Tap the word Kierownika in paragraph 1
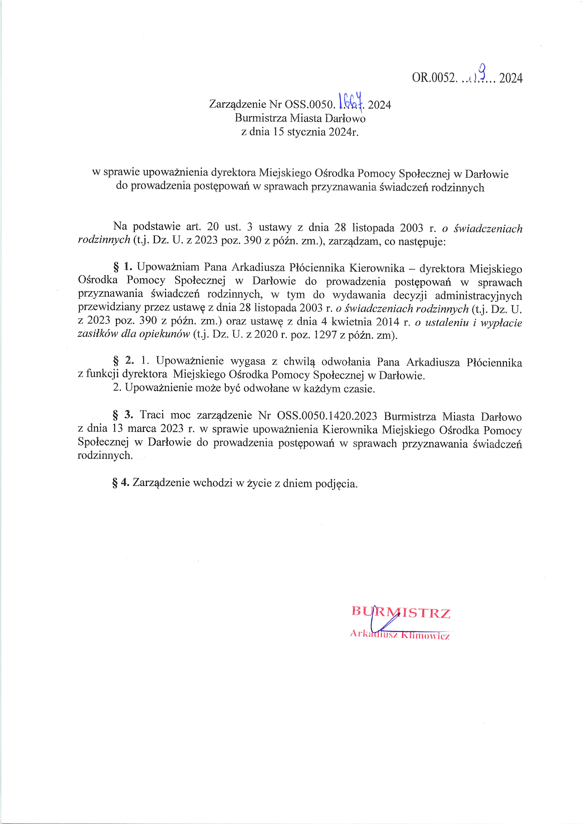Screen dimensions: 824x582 pos(377,268)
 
